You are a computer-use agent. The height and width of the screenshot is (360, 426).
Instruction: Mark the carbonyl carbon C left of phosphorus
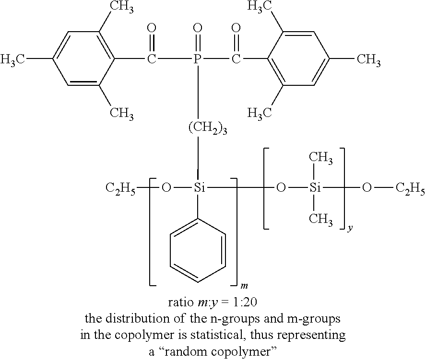tap(152, 59)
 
